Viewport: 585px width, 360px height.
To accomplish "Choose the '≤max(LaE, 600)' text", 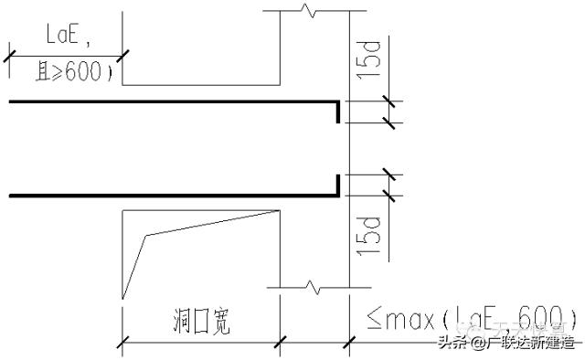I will click(x=466, y=321).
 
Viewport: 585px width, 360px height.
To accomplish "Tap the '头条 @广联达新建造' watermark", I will click(x=507, y=344).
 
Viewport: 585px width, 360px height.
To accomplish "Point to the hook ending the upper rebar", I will click(x=338, y=111).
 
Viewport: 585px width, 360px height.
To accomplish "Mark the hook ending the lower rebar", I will click(x=338, y=184).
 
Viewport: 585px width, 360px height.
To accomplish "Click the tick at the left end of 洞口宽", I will click(x=122, y=344).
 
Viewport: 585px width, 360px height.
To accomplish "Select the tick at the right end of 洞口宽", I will click(x=279, y=344).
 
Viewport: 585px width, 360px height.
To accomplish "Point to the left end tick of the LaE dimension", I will click(x=9, y=56).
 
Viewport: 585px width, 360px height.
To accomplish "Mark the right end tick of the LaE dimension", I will click(x=122, y=56).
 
